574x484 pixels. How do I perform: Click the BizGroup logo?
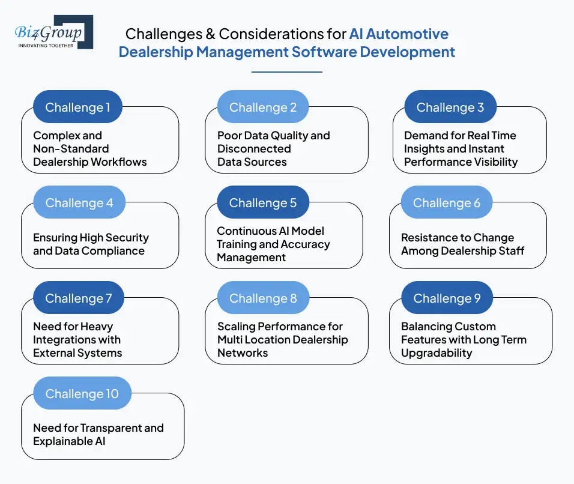click(x=54, y=32)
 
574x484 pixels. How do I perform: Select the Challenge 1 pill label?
click(x=78, y=107)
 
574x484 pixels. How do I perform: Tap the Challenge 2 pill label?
click(x=263, y=107)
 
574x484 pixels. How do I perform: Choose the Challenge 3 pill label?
click(x=450, y=107)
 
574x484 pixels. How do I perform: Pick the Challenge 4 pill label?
click(x=79, y=203)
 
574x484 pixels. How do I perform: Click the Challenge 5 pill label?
click(x=263, y=203)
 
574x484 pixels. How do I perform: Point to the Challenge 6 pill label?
click(x=447, y=203)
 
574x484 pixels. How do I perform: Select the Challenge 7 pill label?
click(x=79, y=298)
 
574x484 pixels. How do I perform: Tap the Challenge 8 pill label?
click(x=263, y=298)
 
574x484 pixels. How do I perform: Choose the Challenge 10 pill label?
click(x=82, y=394)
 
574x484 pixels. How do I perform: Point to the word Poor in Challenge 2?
click(x=229, y=136)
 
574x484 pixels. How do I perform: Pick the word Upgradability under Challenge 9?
click(x=437, y=353)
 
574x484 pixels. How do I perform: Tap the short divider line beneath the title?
click(x=287, y=72)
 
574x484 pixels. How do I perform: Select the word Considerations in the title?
click(x=280, y=34)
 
